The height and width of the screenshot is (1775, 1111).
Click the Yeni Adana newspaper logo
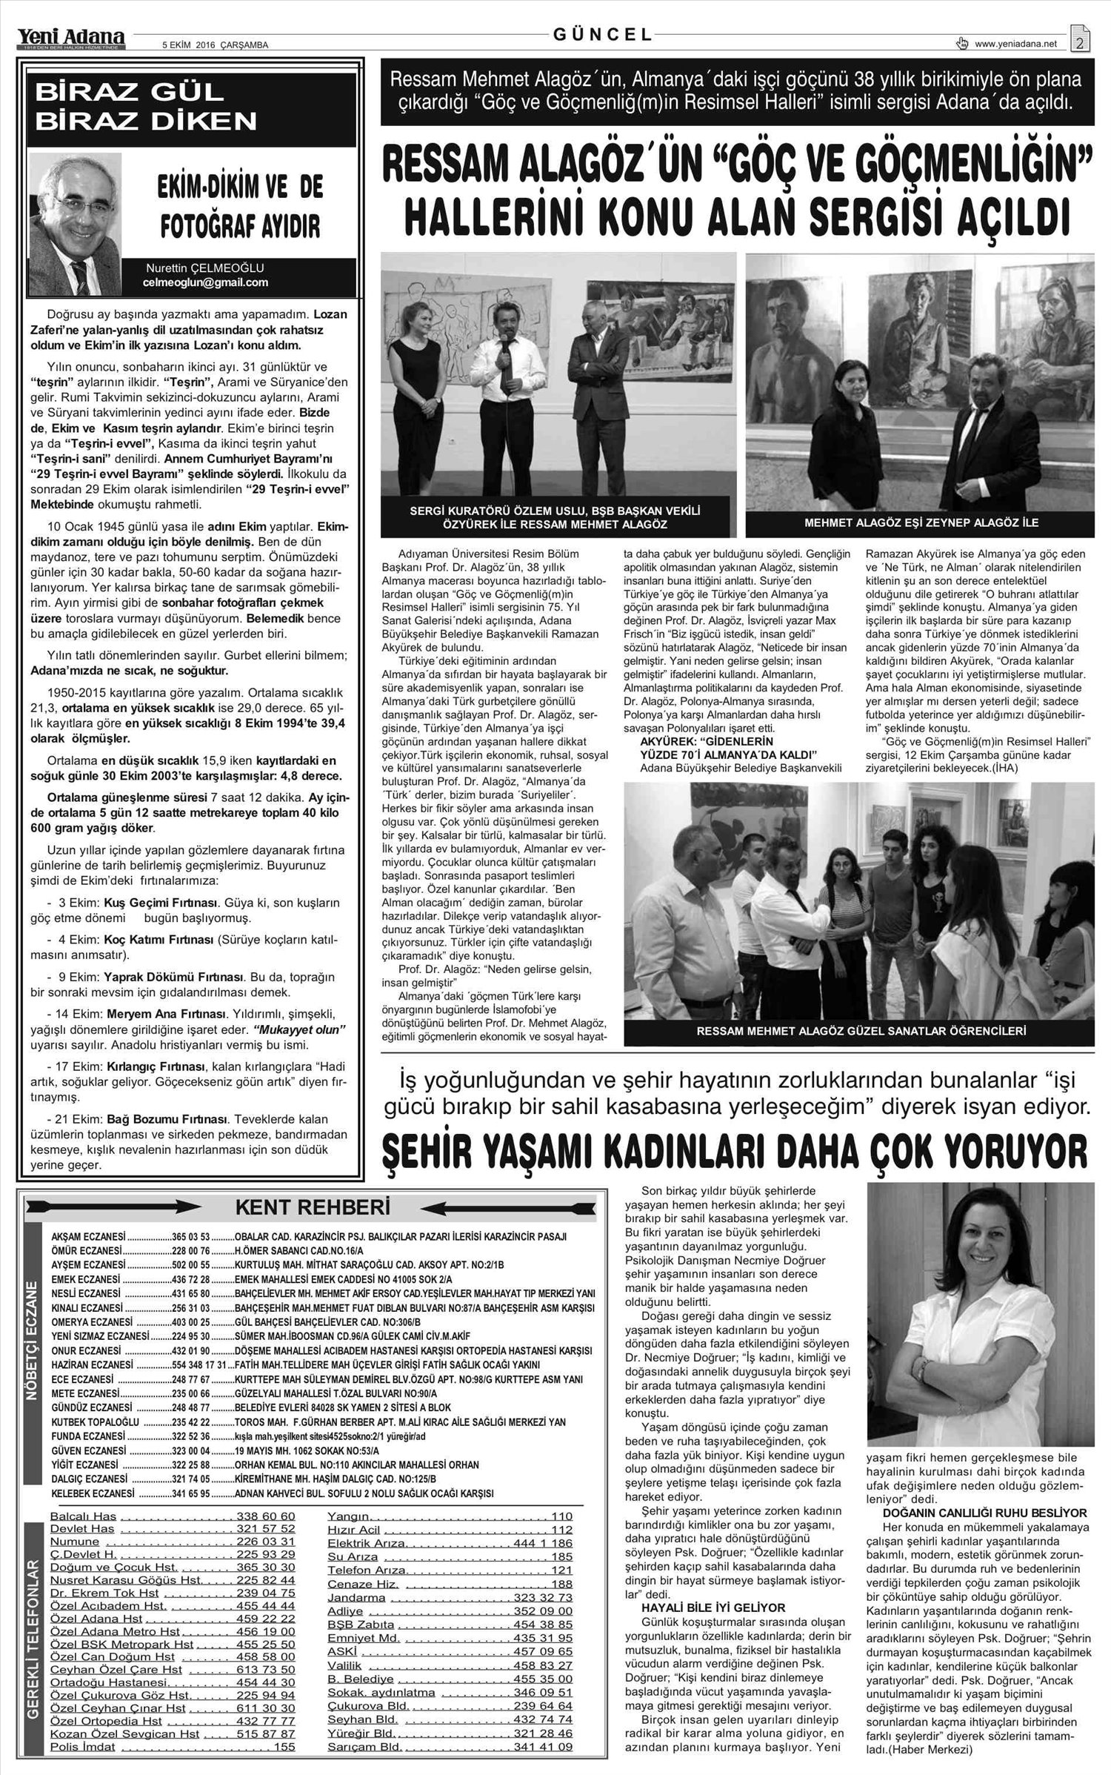coord(72,36)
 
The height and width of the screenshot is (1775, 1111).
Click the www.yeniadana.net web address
coord(1015,44)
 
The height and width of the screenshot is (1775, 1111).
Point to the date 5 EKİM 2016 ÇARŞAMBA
coord(215,45)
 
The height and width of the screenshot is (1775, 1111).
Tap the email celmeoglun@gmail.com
coord(205,283)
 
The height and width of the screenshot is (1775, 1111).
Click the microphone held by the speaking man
coord(504,340)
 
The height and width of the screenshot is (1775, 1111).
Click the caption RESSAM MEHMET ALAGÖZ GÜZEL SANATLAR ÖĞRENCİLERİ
coord(861,1030)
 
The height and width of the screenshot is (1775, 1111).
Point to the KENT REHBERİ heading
coord(312,1207)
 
